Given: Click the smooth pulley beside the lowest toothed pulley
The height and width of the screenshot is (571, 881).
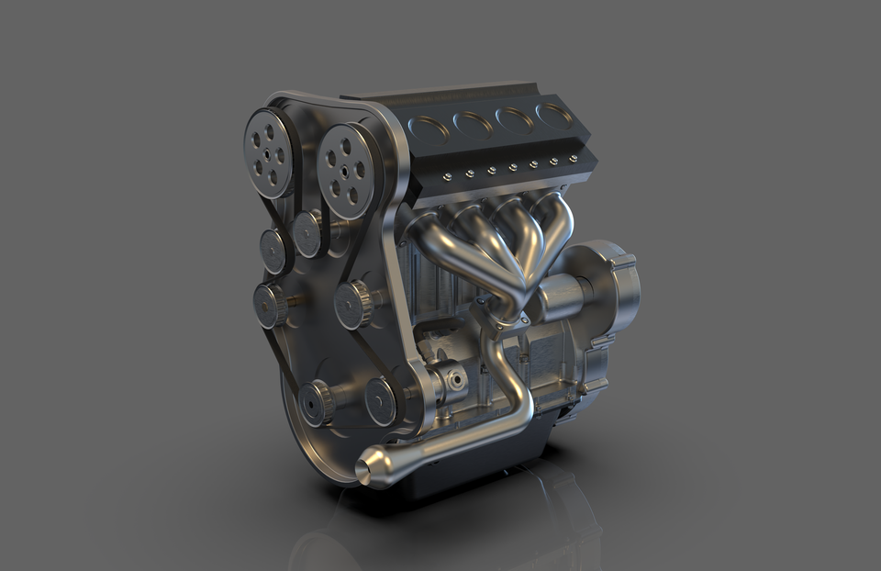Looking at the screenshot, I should point(380,401).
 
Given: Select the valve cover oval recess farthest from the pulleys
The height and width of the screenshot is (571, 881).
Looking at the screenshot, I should point(554,115).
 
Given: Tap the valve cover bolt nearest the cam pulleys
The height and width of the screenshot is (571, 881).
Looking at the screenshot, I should point(446,176).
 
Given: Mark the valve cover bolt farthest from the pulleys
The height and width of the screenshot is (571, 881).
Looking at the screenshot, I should point(574,158).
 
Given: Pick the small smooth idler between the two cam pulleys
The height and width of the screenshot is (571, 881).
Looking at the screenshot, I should point(307,234).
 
